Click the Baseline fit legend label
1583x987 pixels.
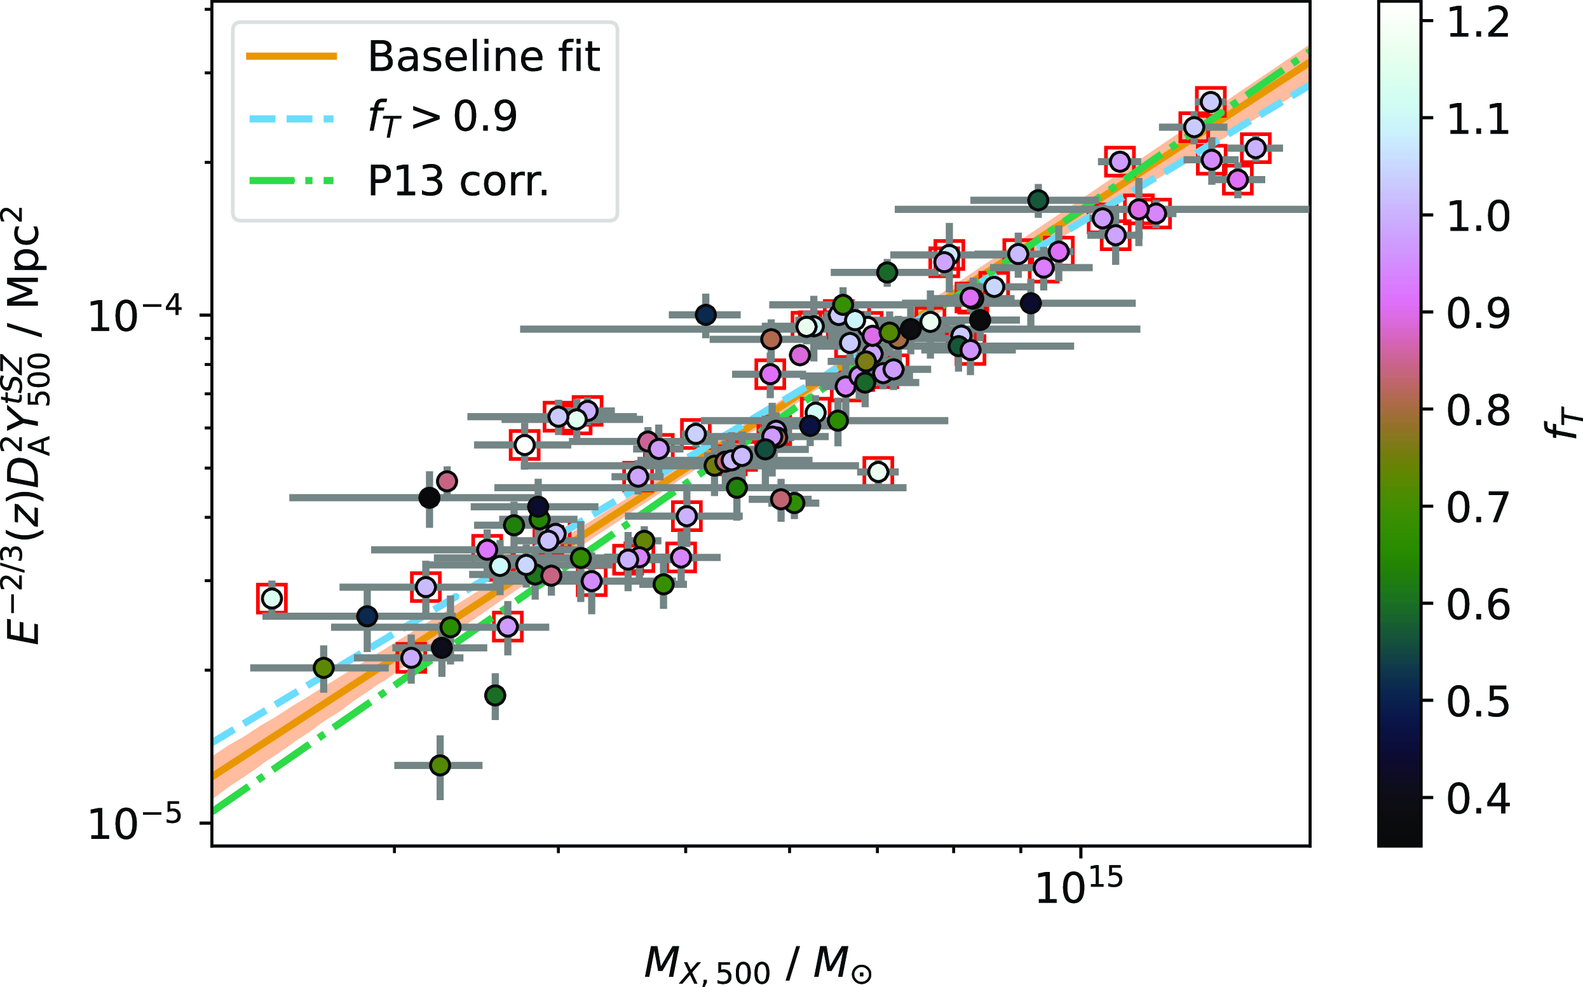484,57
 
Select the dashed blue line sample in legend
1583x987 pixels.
291,119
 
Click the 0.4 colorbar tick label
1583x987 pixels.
1478,798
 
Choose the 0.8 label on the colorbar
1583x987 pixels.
1478,411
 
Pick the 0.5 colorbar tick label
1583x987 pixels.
1478,702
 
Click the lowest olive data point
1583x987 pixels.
440,765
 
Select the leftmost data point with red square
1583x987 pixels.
271,598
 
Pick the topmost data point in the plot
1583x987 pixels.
1211,102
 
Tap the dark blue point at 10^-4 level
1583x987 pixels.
705,315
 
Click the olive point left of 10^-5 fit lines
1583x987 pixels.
323,668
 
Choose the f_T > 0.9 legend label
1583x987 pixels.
442,119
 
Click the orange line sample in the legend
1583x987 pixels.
291,57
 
